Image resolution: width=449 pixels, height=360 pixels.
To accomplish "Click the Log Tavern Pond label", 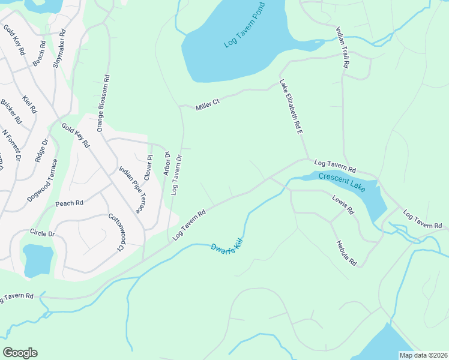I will (244, 29).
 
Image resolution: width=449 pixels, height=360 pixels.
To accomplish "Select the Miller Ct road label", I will (208, 104).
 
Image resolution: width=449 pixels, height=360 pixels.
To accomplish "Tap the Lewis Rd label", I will (343, 204).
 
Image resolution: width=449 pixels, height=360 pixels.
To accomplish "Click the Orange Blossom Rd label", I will (103, 103).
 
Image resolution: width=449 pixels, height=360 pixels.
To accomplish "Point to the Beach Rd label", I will (40, 53).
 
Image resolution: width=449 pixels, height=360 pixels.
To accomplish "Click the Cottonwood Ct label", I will (115, 233).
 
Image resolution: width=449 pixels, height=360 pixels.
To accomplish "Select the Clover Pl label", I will (148, 165).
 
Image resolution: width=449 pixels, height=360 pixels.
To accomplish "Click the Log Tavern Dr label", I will (176, 175).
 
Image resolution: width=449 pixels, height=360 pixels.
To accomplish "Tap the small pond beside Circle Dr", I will (38, 259).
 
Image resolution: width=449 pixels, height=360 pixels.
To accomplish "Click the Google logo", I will (20, 353).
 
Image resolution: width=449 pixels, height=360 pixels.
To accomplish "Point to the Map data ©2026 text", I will (423, 355).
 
